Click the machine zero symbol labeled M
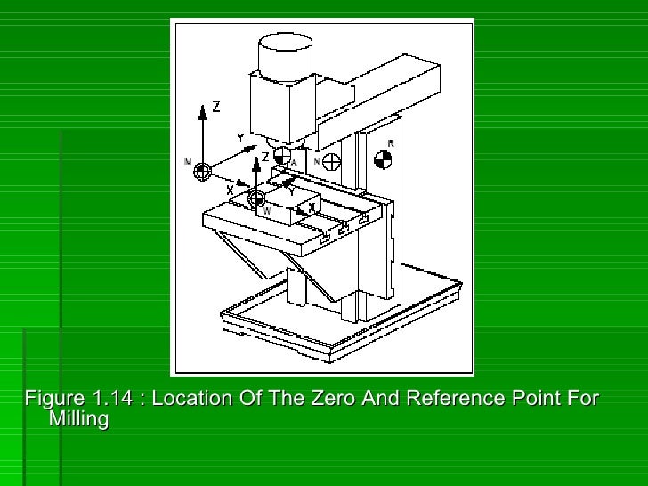click(x=203, y=169)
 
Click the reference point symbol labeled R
click(x=383, y=159)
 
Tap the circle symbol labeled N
click(x=331, y=162)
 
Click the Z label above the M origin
click(x=215, y=107)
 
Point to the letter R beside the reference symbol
click(x=391, y=143)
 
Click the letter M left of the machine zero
click(x=188, y=161)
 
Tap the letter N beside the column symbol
click(x=317, y=162)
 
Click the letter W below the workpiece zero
click(x=266, y=211)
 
